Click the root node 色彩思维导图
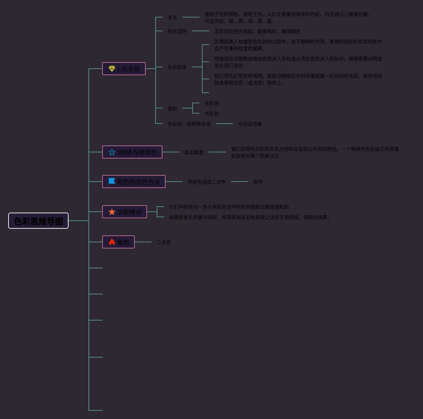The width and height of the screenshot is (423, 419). tap(38, 221)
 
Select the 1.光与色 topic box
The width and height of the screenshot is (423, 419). tap(124, 69)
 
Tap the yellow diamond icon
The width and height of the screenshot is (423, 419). tap(112, 69)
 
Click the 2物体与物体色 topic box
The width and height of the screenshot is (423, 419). tap(132, 152)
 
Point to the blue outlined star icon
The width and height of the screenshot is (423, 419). tap(112, 152)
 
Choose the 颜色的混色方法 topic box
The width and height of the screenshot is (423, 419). tap(134, 182)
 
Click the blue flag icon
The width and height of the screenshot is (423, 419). tap(112, 181)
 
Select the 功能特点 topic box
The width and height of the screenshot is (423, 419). tap(124, 212)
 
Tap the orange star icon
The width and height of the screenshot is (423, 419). tap(112, 212)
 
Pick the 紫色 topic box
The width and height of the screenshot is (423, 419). tap(118, 242)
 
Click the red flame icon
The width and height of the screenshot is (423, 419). tap(112, 242)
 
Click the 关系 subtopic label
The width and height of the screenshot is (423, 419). tap(172, 18)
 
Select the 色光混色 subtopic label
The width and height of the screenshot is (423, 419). tap(177, 31)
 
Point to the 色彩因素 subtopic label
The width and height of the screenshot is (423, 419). tap(177, 67)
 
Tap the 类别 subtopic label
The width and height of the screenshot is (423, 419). tap(172, 108)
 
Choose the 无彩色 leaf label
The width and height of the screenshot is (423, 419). tap(211, 103)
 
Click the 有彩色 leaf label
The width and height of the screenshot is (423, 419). tap(211, 114)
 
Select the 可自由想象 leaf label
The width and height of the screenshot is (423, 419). tap(250, 124)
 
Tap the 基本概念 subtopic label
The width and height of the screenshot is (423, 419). tap(194, 152)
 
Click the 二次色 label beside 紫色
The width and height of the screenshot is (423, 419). tap(164, 242)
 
